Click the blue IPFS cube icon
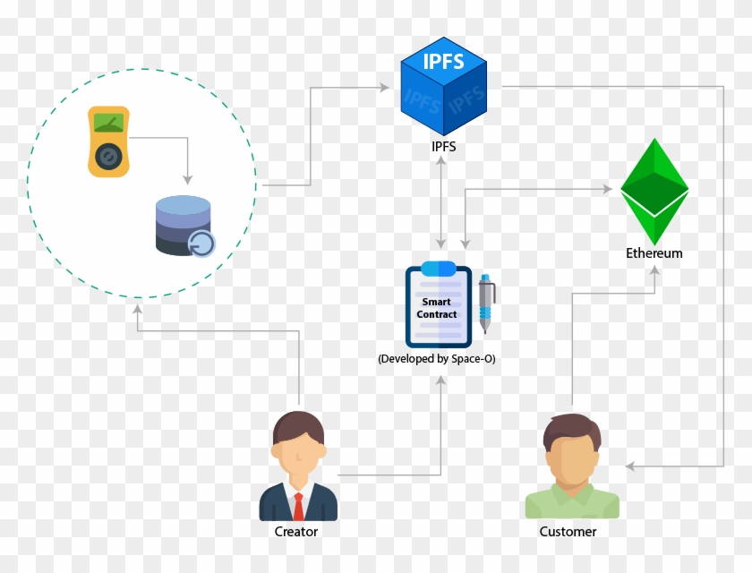pyautogui.click(x=443, y=83)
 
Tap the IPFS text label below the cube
pyautogui.click(x=443, y=147)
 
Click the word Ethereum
pyautogui.click(x=654, y=253)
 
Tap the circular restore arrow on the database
pyautogui.click(x=201, y=244)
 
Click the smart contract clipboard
pyautogui.click(x=438, y=306)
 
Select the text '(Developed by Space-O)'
pyautogui.click(x=437, y=359)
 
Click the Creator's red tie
pyautogui.click(x=298, y=506)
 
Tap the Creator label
pyautogui.click(x=296, y=532)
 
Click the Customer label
pyautogui.click(x=568, y=532)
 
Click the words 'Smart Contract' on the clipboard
pyautogui.click(x=437, y=309)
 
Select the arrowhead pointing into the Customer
pyautogui.click(x=630, y=466)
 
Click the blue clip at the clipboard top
pyautogui.click(x=438, y=268)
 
